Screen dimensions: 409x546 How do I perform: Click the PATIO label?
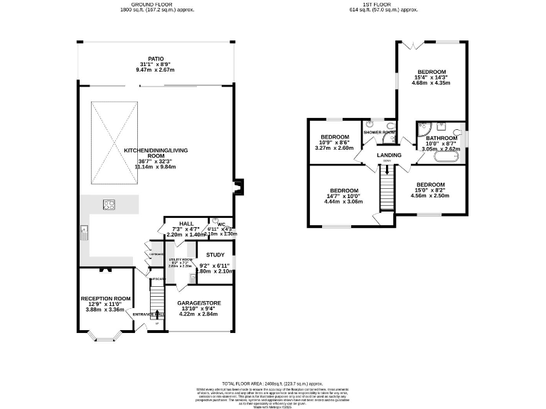[x=156, y=59]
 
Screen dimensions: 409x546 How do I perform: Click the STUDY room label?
[x=215, y=255]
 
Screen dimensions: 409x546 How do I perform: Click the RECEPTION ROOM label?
[x=105, y=298]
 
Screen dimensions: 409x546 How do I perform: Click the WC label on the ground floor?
[x=221, y=223]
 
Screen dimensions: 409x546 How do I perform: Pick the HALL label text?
[x=186, y=223]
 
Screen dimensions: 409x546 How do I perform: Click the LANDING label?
[x=389, y=155]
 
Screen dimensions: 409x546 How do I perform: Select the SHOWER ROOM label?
[x=379, y=132]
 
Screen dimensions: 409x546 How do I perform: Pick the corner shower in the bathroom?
[x=424, y=128]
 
